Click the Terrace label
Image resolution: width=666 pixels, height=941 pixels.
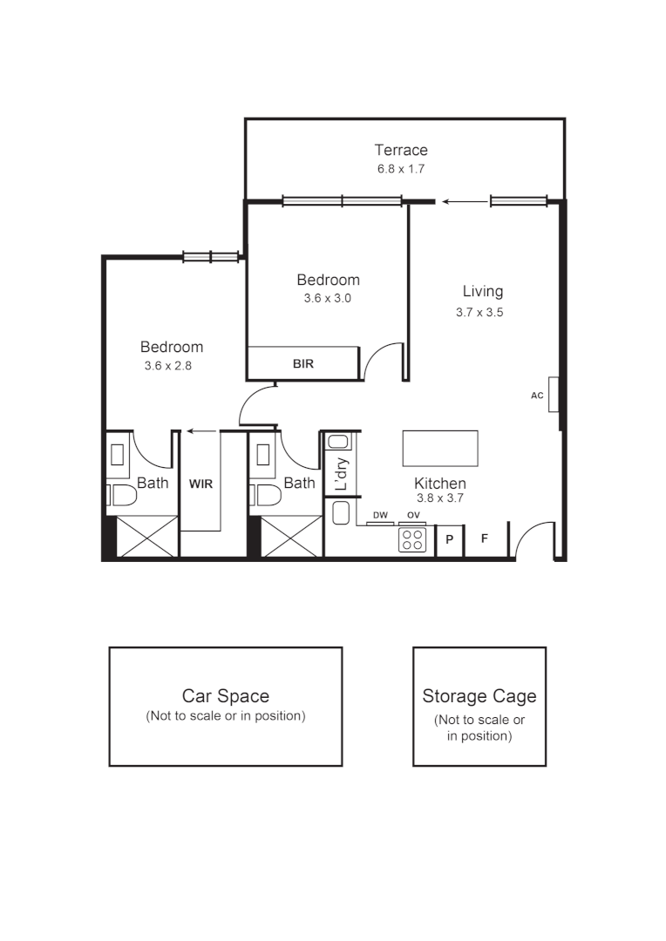point(401,150)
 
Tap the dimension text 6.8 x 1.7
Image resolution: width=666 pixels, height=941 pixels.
point(401,169)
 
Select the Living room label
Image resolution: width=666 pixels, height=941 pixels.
point(482,291)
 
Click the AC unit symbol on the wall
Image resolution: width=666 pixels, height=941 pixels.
point(554,394)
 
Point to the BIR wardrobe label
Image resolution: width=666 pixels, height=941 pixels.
point(303,364)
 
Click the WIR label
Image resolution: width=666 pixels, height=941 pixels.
point(201,483)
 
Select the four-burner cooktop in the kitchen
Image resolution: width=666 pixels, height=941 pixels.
point(412,540)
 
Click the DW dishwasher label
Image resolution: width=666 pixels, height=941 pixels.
point(380,516)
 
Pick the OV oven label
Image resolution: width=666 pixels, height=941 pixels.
point(413,516)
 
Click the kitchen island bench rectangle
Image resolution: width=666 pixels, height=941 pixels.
point(440,449)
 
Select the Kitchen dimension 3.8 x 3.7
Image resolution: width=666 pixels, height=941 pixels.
point(438,500)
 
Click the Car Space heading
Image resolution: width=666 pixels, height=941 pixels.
point(225,696)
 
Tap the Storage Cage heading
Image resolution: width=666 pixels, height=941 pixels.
point(479,696)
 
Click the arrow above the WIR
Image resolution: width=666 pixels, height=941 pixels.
point(203,430)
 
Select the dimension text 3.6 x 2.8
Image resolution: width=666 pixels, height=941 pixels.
point(167,366)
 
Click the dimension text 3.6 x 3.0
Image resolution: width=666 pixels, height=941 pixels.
point(328,298)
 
